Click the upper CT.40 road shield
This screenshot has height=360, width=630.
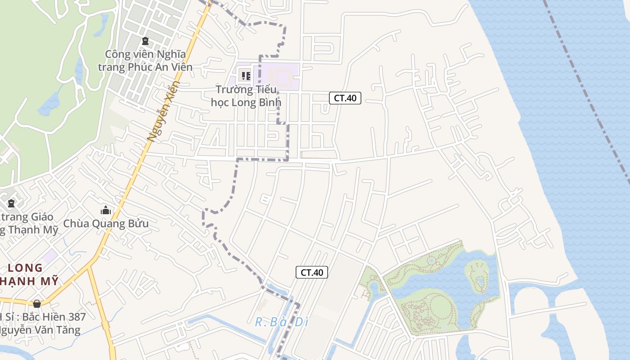tap(345, 98)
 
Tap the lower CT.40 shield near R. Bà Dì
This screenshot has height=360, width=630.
tap(312, 272)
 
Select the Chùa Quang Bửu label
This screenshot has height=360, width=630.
tap(106, 223)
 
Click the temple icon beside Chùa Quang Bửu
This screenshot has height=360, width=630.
tap(106, 210)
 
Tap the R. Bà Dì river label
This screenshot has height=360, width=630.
tap(282, 322)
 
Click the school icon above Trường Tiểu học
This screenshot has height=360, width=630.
tap(246, 76)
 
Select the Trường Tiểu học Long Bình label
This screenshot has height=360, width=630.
tap(246, 96)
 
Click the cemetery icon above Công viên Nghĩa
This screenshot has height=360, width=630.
tap(145, 41)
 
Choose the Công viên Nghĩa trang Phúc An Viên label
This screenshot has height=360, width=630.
tap(145, 61)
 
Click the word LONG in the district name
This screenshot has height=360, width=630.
tap(25, 268)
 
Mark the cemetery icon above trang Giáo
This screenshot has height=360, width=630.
tap(11, 203)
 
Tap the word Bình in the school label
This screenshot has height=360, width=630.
tap(269, 102)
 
